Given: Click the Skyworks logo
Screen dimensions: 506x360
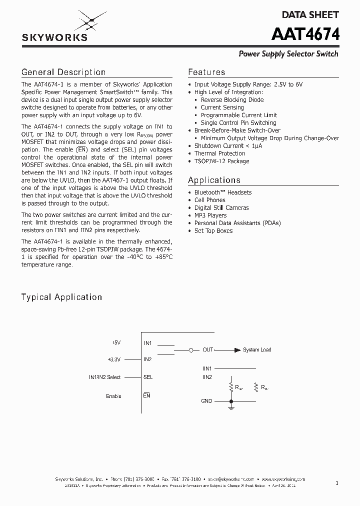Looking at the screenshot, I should [x=54, y=28].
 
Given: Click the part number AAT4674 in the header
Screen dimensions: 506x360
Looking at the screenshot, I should [x=305, y=34].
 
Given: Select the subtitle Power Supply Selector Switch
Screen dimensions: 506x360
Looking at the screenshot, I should [x=288, y=54].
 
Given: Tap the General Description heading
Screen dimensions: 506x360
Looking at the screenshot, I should [x=63, y=72].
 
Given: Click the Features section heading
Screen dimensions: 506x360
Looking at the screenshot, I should [x=206, y=72].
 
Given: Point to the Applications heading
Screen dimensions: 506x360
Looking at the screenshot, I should [x=214, y=180].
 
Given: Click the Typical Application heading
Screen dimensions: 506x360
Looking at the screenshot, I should [x=61, y=297].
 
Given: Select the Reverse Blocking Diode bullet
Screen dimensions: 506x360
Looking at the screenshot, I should [x=232, y=100].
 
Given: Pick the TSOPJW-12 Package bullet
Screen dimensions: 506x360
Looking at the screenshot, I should [x=221, y=161].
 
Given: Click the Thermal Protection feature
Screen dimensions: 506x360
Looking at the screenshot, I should [x=219, y=153].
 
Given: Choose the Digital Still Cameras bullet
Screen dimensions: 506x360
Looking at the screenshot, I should [x=221, y=207].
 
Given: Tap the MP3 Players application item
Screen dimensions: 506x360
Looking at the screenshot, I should [x=210, y=215].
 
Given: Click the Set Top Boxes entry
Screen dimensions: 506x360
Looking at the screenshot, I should [x=213, y=230].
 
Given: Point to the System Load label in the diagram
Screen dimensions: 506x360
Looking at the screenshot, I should [x=257, y=350].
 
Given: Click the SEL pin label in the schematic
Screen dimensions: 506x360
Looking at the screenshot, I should [x=148, y=377].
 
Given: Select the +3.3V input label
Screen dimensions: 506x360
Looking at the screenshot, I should [x=114, y=359].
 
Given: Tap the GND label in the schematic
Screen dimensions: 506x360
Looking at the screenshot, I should [x=207, y=401].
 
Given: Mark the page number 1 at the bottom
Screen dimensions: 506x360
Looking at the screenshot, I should [x=337, y=483].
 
